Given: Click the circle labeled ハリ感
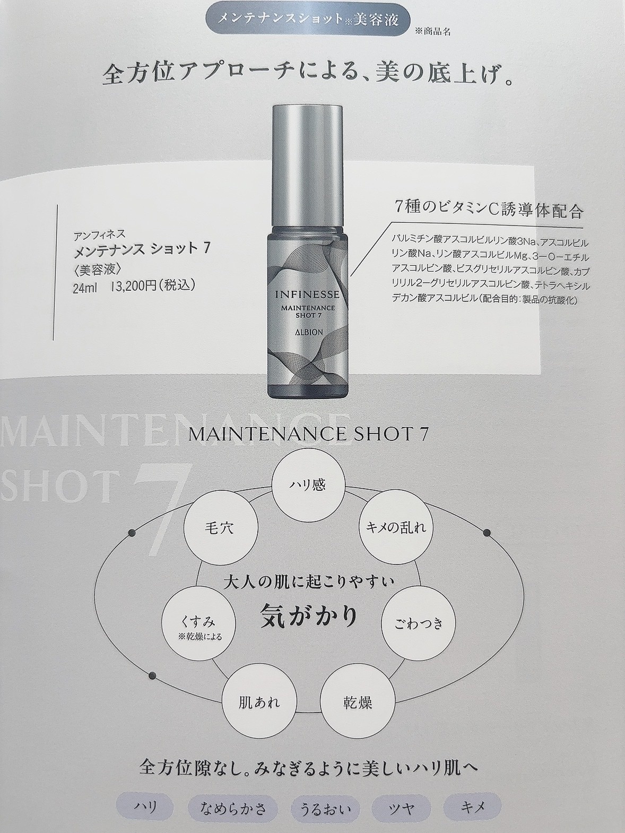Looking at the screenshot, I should [x=308, y=485].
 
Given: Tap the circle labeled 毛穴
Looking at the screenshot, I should [x=219, y=528].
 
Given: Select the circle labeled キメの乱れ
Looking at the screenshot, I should [x=396, y=528].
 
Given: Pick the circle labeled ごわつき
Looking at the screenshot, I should [x=419, y=623].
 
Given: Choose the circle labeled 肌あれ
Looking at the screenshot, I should [x=258, y=703].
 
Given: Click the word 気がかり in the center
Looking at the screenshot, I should [x=309, y=617].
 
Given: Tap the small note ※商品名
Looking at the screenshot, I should [x=434, y=31].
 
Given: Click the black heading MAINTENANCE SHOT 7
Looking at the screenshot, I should [x=308, y=434].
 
